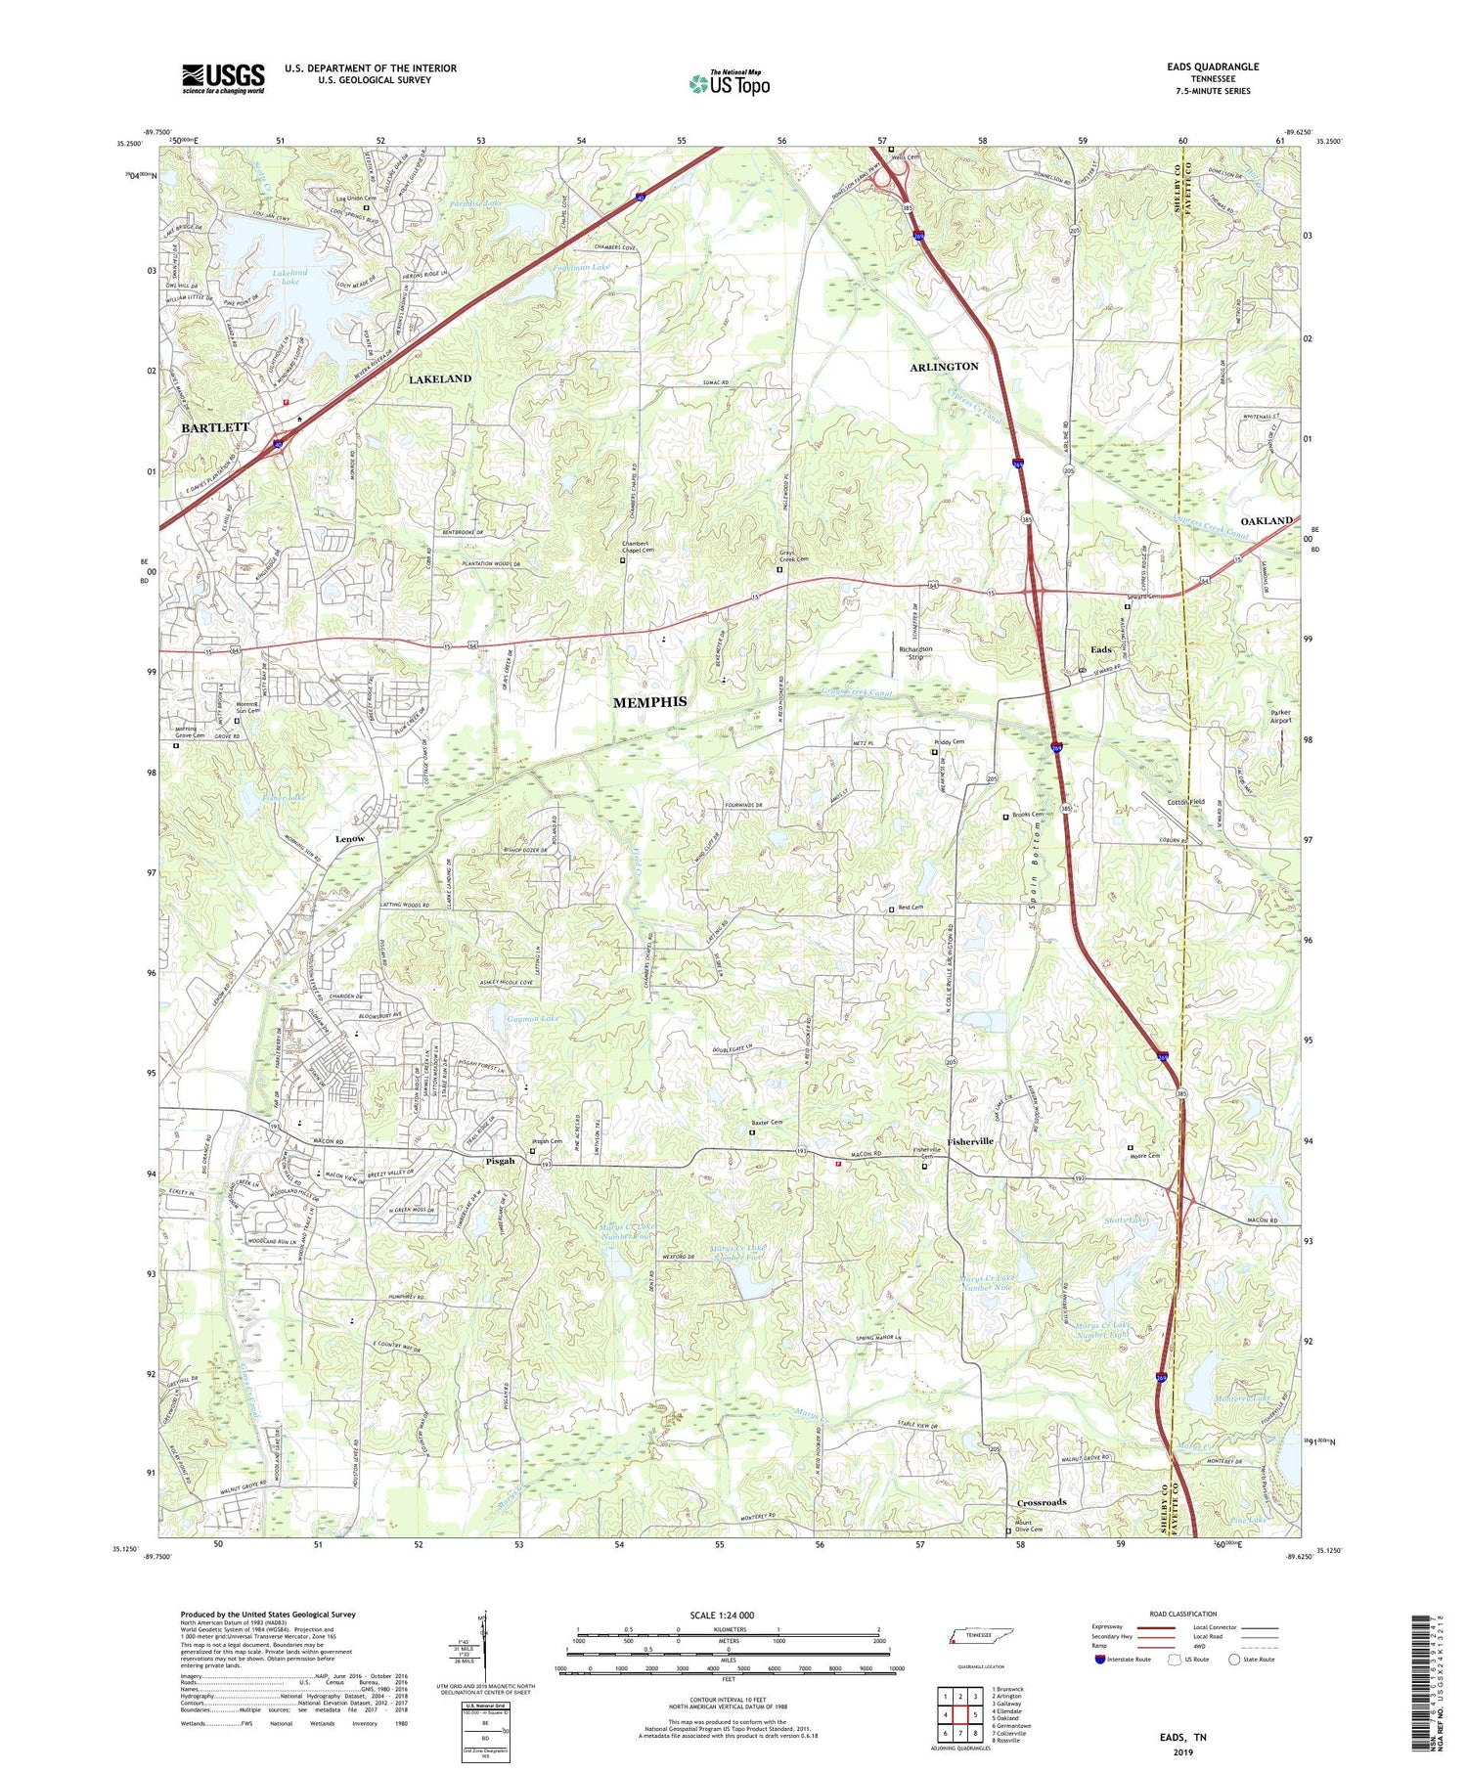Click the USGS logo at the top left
(x=223, y=78)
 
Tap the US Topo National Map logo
(x=729, y=84)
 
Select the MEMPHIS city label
(x=649, y=702)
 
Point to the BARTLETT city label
(x=214, y=427)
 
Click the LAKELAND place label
(x=439, y=378)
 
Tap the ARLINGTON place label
(x=944, y=367)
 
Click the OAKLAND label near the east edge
(x=1267, y=521)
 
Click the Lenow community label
(x=349, y=839)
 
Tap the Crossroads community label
(x=1042, y=1502)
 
